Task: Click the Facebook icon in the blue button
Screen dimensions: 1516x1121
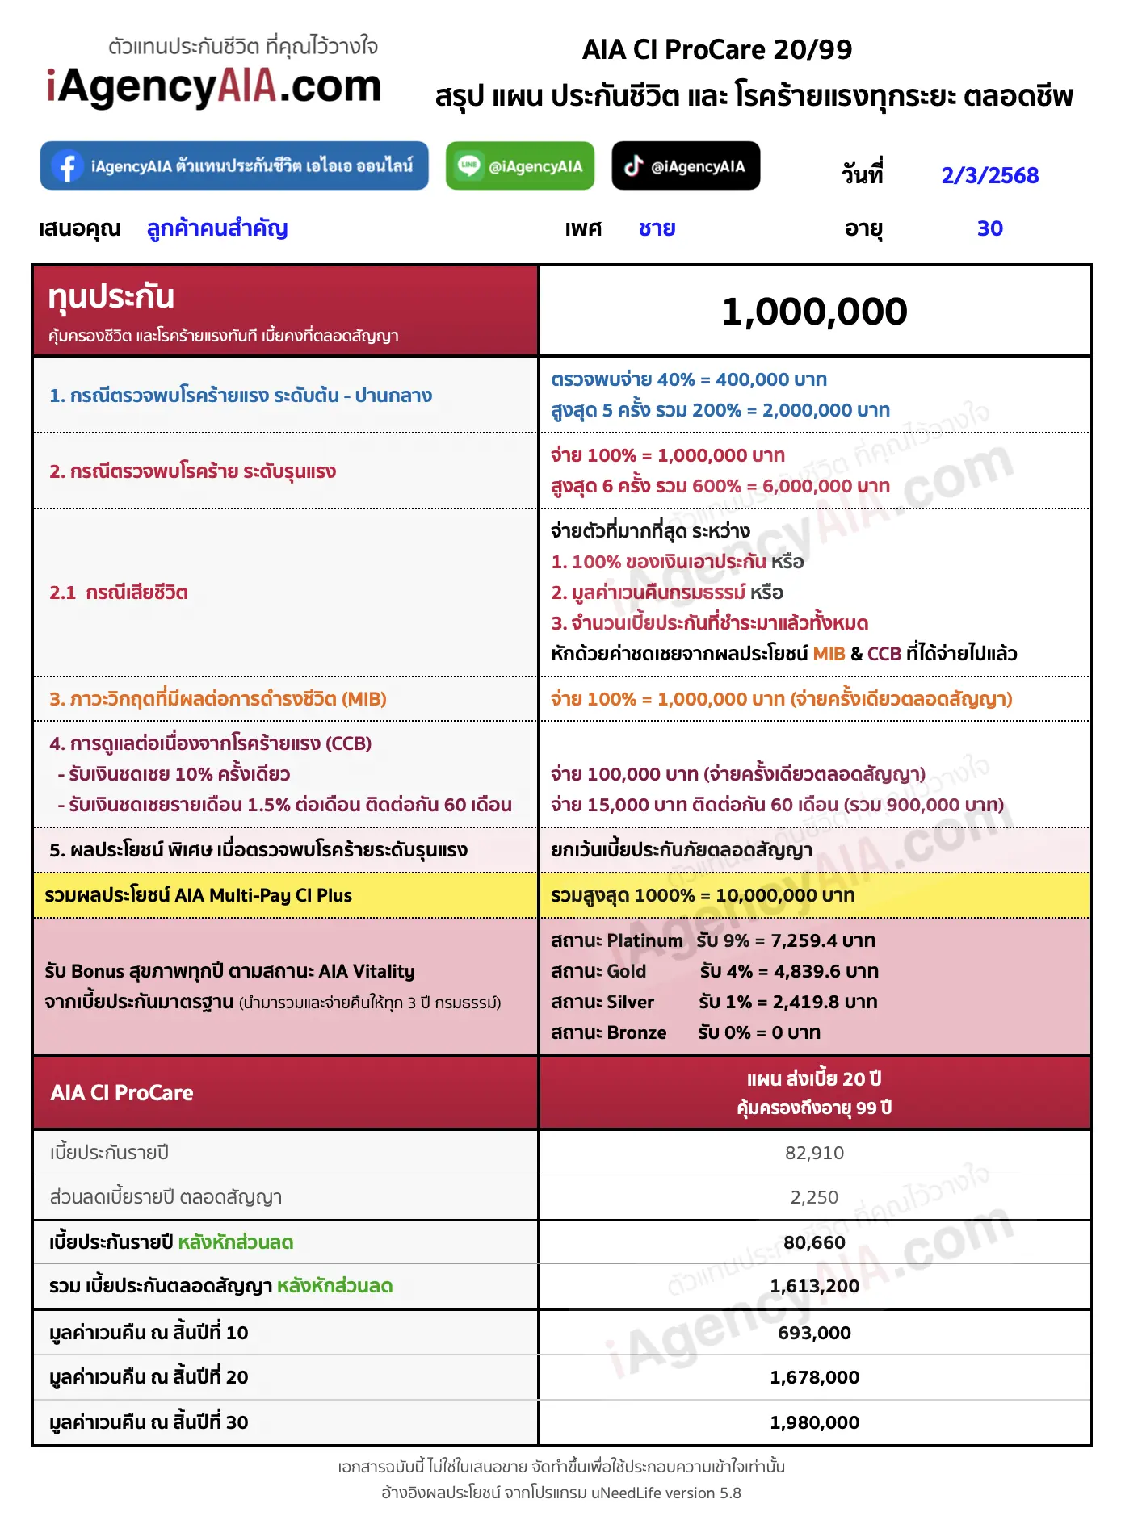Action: coord(68,166)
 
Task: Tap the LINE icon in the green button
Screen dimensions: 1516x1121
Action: coord(468,166)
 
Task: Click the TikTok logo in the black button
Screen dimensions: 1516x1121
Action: coord(633,166)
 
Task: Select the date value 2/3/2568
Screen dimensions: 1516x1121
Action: coord(989,175)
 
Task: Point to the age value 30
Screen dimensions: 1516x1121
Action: coord(989,228)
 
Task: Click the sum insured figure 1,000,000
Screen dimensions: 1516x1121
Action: coord(814,312)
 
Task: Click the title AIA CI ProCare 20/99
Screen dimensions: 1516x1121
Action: coord(717,50)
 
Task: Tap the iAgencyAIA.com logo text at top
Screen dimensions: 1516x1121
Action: coord(214,87)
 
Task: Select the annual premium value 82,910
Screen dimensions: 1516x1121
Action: coord(814,1153)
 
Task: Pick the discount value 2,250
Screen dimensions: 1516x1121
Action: coord(814,1197)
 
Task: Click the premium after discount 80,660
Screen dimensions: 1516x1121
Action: coord(814,1242)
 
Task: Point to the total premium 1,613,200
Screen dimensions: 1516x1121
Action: coord(814,1286)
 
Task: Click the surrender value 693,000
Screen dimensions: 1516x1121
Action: coord(814,1333)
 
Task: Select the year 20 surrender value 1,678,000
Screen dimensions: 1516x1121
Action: coord(814,1377)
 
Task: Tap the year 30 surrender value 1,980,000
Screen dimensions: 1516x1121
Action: coord(814,1422)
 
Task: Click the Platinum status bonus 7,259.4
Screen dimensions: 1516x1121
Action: coord(822,940)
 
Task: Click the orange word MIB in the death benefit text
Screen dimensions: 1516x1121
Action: coord(829,654)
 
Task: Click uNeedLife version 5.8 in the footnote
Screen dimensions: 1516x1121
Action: coord(665,1493)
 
